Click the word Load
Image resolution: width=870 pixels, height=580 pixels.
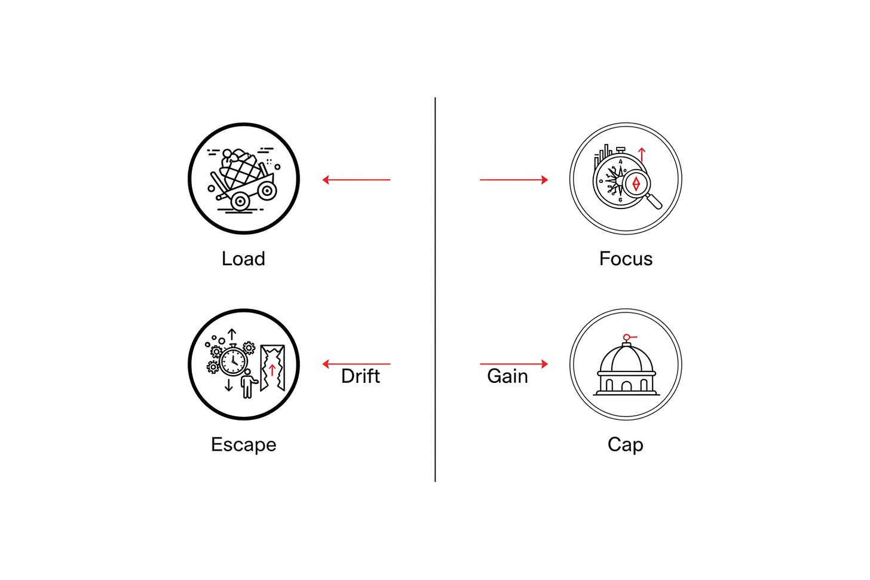243,259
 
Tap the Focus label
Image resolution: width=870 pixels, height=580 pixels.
626,259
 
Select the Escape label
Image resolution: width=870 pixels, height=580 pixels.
244,444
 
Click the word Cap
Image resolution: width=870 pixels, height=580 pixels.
625,445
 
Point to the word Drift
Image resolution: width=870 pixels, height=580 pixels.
360,376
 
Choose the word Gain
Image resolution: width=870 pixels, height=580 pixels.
507,376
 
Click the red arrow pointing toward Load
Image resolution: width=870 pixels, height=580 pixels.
356,180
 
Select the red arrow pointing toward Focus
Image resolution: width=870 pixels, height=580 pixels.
514,180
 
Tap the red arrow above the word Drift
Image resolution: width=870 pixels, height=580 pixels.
356,364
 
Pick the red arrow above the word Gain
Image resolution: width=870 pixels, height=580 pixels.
514,364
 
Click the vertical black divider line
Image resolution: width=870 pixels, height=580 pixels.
435,290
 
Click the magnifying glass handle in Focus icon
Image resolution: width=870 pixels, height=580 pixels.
654,201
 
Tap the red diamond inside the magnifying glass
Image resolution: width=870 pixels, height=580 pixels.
636,183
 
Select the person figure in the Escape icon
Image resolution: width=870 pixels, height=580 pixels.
248,383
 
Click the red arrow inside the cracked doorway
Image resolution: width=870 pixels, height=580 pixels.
272,370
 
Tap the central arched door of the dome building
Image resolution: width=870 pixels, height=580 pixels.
626,386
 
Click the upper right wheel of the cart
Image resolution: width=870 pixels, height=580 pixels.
267,191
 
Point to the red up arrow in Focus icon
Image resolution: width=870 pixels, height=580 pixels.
642,155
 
